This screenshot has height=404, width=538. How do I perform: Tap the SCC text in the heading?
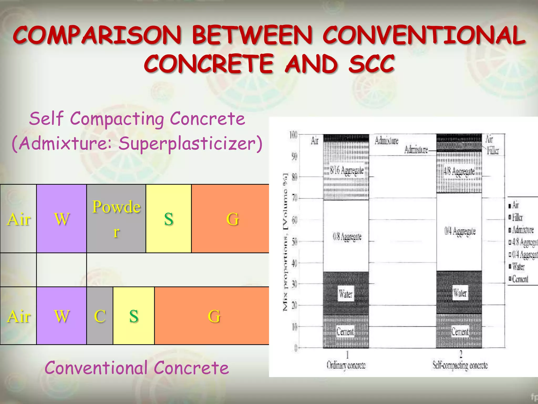coord(371,64)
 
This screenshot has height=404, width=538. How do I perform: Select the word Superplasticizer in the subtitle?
coord(190,144)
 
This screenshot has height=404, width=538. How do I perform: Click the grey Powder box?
coord(116,219)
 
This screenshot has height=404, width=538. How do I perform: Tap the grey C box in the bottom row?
coord(100,316)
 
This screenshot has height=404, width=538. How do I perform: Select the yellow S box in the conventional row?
coord(134,316)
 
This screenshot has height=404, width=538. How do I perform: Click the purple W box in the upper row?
coord(62,219)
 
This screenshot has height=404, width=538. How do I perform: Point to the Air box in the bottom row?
coord(18,316)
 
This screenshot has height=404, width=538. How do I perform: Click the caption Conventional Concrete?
coord(137,367)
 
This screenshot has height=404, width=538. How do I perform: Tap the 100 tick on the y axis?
coord(293,135)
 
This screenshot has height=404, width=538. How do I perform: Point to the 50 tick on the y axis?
coord(294,241)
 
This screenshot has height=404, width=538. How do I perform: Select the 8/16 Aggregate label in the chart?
coord(347,170)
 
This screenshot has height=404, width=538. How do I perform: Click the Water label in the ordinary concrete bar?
coord(345,294)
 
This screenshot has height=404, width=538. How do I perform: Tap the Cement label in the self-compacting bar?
coord(460,331)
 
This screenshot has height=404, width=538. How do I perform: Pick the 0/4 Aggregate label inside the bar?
coord(460,231)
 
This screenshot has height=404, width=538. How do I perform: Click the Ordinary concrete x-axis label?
coord(346,365)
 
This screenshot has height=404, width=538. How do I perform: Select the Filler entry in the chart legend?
coord(517,218)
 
